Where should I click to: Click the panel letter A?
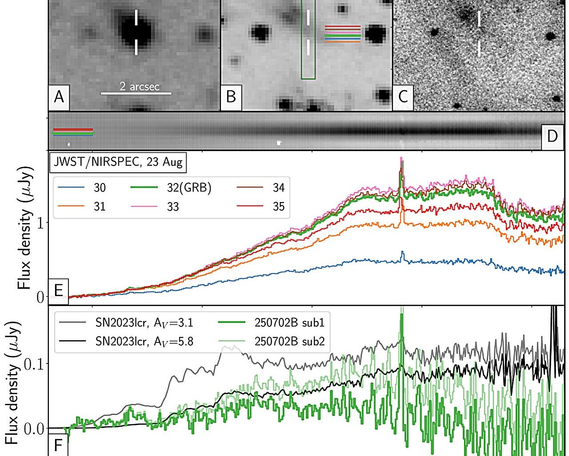point(59,96)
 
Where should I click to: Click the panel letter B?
point(231,96)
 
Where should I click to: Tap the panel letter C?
point(403,96)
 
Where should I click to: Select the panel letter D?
point(552,136)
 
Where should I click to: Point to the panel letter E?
point(58,290)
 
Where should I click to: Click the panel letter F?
point(58,445)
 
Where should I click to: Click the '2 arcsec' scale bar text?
point(139,86)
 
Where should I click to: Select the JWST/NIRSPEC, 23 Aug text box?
point(118,162)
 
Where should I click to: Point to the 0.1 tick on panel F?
point(34,364)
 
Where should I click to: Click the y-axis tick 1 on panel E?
point(40,223)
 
